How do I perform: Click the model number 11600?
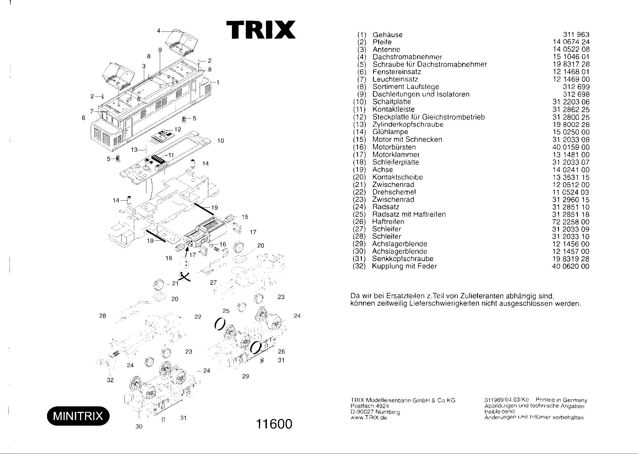pyautogui.click(x=274, y=424)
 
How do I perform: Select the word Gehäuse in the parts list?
pyautogui.click(x=387, y=35)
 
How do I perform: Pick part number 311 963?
pyautogui.click(x=576, y=35)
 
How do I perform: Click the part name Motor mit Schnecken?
pyautogui.click(x=407, y=140)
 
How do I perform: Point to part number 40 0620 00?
pyautogui.click(x=571, y=266)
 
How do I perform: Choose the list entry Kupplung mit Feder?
pyautogui.click(x=404, y=266)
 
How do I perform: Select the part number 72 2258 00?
pyautogui.click(x=571, y=222)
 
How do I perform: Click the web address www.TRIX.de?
pyautogui.click(x=369, y=418)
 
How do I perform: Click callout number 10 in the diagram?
pyautogui.click(x=221, y=141)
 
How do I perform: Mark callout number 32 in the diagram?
pyautogui.click(x=110, y=380)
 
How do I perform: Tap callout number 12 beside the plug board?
pyautogui.click(x=178, y=129)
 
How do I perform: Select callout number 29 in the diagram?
pyautogui.click(x=245, y=376)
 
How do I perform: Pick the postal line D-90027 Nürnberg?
pyautogui.click(x=375, y=412)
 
